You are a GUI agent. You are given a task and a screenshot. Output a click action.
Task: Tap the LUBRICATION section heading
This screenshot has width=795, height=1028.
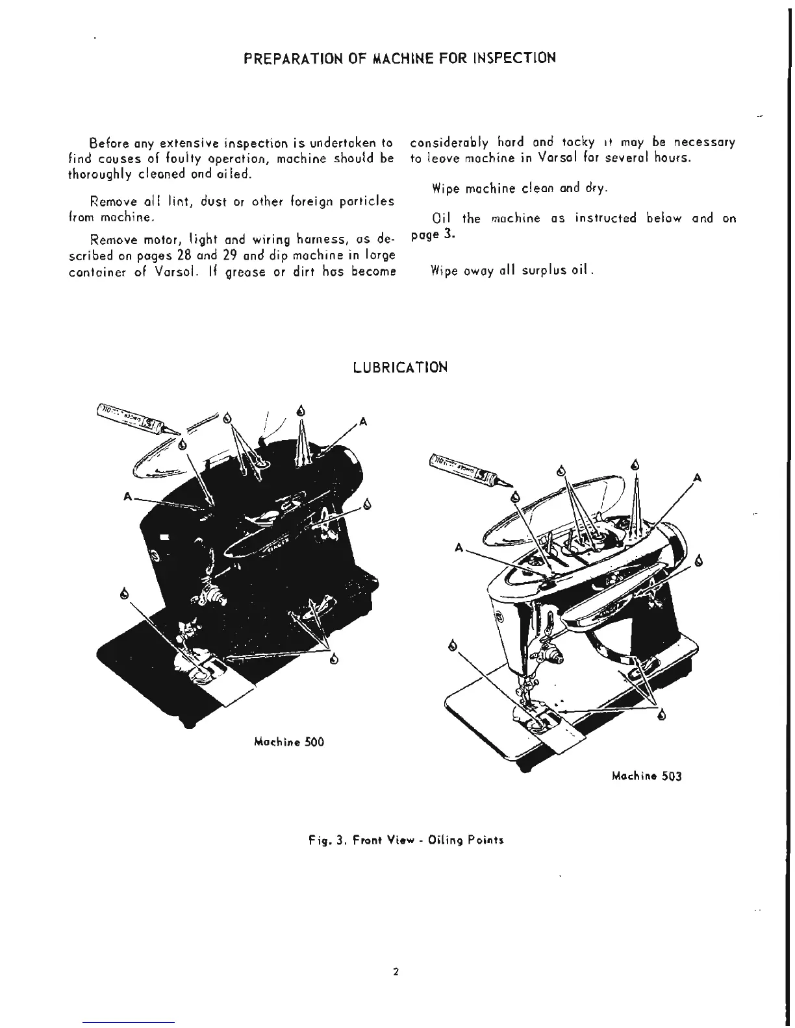click(x=400, y=367)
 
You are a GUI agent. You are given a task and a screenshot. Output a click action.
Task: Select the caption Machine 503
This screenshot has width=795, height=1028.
click(x=648, y=776)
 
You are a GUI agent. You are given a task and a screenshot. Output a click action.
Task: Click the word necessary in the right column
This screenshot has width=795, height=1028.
click(x=705, y=142)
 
